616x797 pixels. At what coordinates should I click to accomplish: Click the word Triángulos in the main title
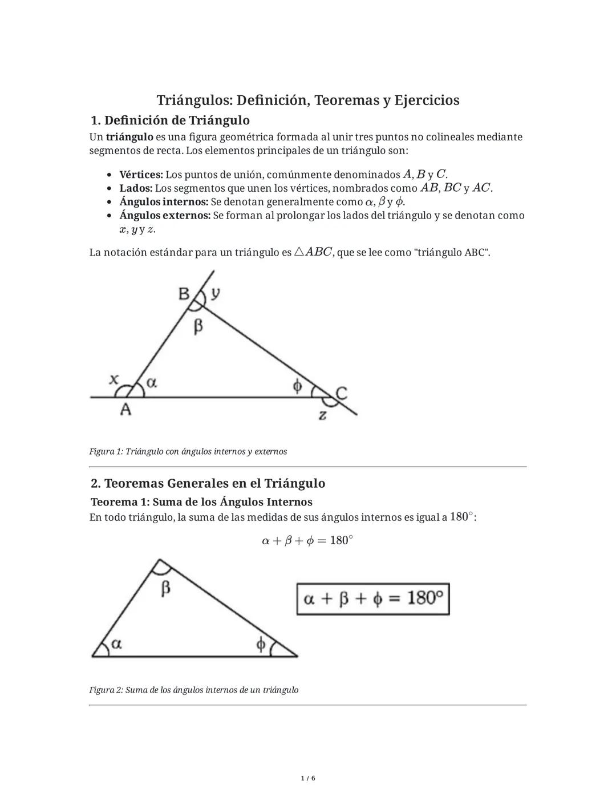(x=194, y=100)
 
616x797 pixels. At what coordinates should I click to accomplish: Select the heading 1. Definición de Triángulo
(x=170, y=120)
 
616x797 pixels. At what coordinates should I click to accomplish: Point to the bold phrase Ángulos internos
(x=164, y=202)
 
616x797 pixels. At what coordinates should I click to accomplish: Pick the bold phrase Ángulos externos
(x=165, y=216)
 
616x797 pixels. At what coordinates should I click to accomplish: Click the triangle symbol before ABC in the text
(x=300, y=252)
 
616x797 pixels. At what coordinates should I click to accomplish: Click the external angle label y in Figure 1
(x=215, y=293)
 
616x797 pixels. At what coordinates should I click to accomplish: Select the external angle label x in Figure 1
(x=114, y=379)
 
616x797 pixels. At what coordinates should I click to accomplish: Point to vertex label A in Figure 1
(x=125, y=409)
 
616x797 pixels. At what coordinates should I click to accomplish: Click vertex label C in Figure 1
(x=341, y=393)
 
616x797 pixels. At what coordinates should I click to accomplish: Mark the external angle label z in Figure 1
(x=323, y=415)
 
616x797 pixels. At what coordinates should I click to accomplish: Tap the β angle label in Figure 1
(x=198, y=326)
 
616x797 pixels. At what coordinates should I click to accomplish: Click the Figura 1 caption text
(x=188, y=451)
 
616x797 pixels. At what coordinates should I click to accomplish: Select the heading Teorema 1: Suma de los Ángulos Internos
(x=201, y=502)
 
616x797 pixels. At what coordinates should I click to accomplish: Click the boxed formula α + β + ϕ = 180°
(x=373, y=598)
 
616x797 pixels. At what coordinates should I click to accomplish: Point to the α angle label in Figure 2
(x=116, y=644)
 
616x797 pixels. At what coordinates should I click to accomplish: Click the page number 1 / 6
(x=307, y=778)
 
